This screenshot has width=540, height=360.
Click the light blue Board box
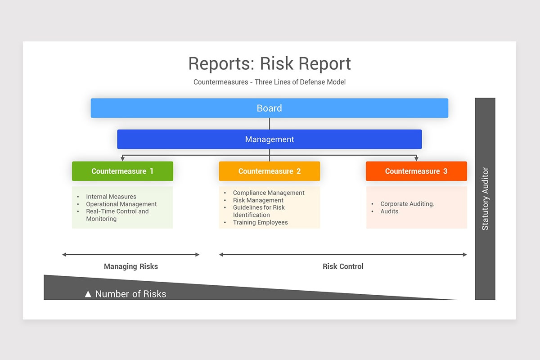coord(269,108)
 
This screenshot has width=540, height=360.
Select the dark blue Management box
coord(269,139)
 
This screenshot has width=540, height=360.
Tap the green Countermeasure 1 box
coord(122,171)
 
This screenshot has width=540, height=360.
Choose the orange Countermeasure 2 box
coord(269,171)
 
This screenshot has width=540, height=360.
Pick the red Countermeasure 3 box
coord(416,171)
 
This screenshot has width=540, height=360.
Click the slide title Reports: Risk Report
coord(269,63)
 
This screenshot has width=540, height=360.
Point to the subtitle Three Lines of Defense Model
coord(300,82)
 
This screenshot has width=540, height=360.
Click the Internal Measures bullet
coord(111,197)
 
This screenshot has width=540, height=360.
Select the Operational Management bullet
coord(121,204)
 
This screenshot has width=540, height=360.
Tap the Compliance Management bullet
coord(269,193)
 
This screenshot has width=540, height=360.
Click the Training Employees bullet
coord(260,222)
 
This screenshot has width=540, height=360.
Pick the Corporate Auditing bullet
coord(407,204)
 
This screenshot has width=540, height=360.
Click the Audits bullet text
coord(389,211)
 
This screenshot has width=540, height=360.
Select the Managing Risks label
coord(131,266)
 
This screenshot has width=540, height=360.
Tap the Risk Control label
coord(343,266)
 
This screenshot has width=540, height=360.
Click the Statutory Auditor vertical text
coord(485,199)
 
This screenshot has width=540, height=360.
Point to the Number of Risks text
coord(130,294)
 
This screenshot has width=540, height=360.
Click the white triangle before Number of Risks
coord(88,294)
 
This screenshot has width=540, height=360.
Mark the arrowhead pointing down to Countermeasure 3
coord(416,158)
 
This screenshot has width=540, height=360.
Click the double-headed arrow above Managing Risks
coord(130,255)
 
